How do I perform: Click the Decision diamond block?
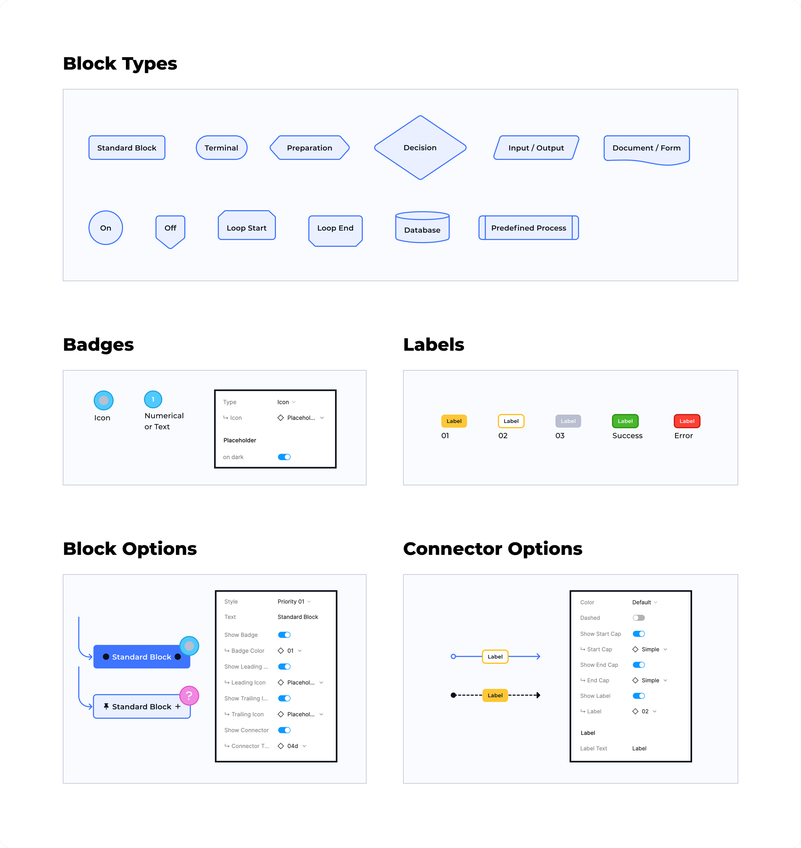pos(420,148)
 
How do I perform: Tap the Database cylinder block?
pos(422,227)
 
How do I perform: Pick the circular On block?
pos(106,227)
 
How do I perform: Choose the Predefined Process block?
pos(529,227)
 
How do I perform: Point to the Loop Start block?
pos(247,225)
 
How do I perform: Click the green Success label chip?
pos(625,421)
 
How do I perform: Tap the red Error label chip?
pos(687,421)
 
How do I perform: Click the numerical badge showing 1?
pos(153,399)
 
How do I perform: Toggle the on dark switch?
pos(285,457)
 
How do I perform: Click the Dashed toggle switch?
pos(639,618)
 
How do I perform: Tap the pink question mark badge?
pos(189,696)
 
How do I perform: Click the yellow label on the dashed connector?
pos(495,695)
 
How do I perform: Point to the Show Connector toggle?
pos(285,730)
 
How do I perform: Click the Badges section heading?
pos(98,345)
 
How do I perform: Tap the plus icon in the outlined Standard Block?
pos(178,707)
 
